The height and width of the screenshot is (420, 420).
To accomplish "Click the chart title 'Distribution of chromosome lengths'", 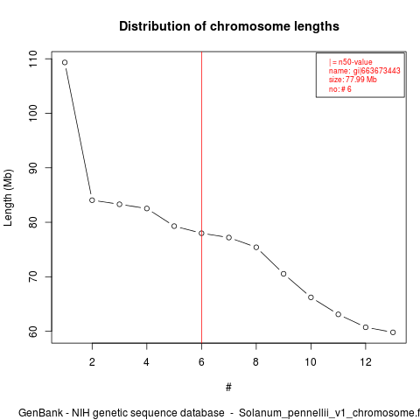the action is pyautogui.click(x=229, y=26).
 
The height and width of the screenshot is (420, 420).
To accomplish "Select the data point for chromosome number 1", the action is pyautogui.click(x=65, y=62).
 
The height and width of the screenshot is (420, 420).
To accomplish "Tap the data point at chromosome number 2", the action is pyautogui.click(x=92, y=200).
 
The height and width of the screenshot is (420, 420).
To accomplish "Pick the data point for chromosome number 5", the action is pyautogui.click(x=174, y=226).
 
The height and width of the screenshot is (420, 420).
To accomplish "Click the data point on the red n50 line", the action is pyautogui.click(x=201, y=234).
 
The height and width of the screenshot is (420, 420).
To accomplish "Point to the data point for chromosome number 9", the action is pyautogui.click(x=283, y=274).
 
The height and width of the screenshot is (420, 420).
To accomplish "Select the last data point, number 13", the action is pyautogui.click(x=393, y=332).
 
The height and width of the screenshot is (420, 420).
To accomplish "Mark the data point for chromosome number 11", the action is pyautogui.click(x=339, y=314).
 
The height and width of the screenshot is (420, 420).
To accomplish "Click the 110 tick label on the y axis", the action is pyautogui.click(x=33, y=59).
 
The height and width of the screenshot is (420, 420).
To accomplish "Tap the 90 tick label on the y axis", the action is pyautogui.click(x=33, y=168).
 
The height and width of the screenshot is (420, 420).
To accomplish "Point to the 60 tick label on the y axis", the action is pyautogui.click(x=33, y=332).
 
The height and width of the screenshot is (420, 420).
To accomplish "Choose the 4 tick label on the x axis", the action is pyautogui.click(x=146, y=362).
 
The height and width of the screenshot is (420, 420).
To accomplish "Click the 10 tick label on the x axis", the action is pyautogui.click(x=311, y=362).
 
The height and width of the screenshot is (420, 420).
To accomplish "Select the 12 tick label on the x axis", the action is pyautogui.click(x=366, y=362).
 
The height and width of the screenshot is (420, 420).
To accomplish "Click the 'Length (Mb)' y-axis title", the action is pyautogui.click(x=8, y=198).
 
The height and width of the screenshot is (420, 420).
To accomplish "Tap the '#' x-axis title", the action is pyautogui.click(x=228, y=388).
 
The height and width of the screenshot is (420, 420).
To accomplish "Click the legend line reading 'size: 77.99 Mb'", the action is pyautogui.click(x=353, y=80).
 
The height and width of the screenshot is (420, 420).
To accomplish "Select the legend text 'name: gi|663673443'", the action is pyautogui.click(x=364, y=71).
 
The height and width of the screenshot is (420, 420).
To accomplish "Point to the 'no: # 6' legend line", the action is pyautogui.click(x=339, y=88).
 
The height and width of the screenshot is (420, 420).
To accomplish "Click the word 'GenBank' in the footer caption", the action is pyautogui.click(x=40, y=413).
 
